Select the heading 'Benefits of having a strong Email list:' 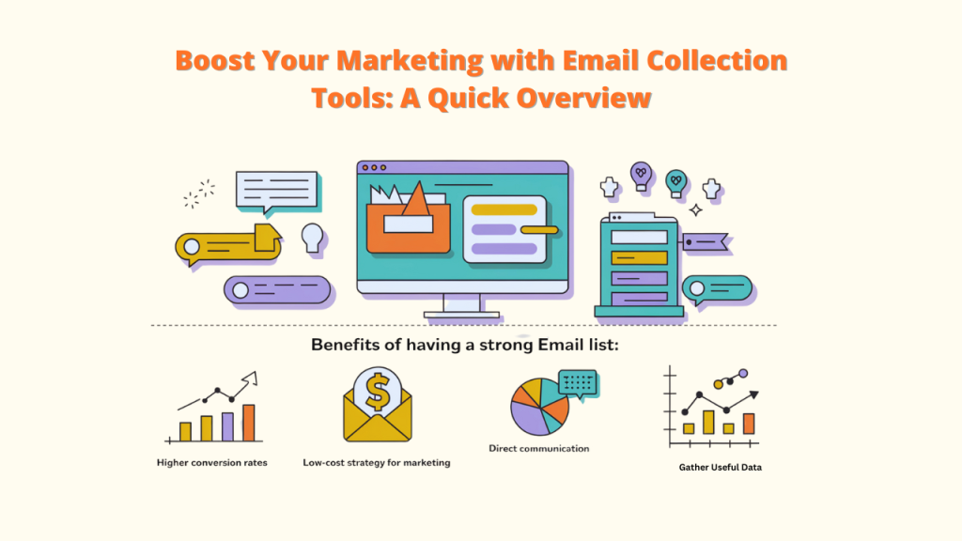[x=465, y=345]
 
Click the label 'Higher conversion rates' [x=211, y=463]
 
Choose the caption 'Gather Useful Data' [x=720, y=467]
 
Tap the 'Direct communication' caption [x=539, y=449]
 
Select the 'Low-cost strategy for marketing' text [x=377, y=463]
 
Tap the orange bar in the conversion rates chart [x=249, y=423]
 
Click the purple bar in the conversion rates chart [x=227, y=426]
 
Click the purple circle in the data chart [x=743, y=373]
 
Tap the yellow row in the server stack [x=639, y=257]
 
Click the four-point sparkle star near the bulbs [x=695, y=209]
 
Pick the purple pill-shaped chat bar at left [x=277, y=289]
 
